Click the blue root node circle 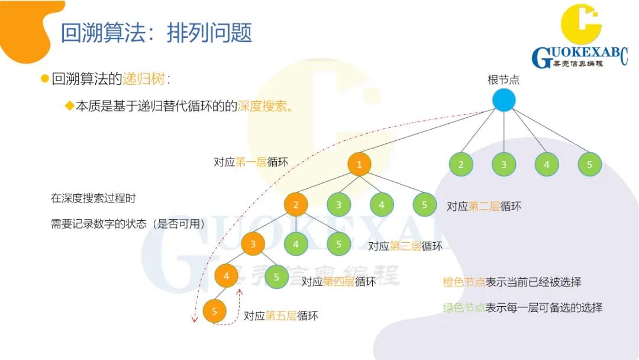coord(504,99)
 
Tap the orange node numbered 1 coord(359,165)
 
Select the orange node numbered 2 coord(296,205)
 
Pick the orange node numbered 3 coord(253,243)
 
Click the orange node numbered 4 coord(226,275)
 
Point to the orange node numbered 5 coord(215,311)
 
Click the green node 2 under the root coord(461,165)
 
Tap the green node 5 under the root coord(589,165)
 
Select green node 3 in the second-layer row coord(338,205)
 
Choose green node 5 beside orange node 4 coord(276,276)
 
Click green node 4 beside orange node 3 coord(296,243)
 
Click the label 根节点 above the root coord(504,79)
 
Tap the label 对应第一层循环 coord(251,162)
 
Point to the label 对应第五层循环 coord(281,316)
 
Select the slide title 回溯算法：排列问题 coord(156,33)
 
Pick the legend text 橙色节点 coord(464,282)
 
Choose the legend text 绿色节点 coord(464,307)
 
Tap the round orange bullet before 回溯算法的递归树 coord(44,79)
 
